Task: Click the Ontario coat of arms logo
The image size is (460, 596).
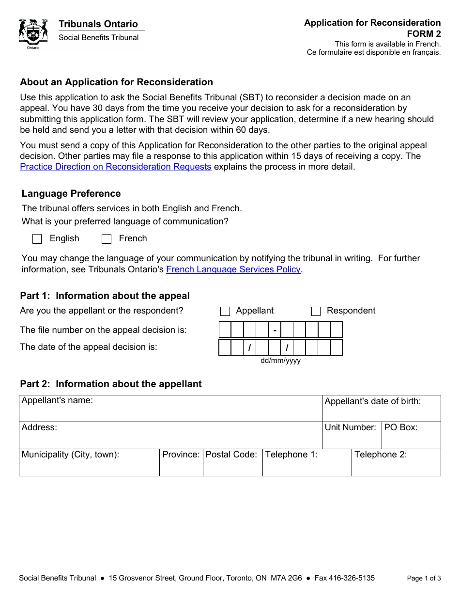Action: (33, 34)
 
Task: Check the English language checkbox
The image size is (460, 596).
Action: (37, 239)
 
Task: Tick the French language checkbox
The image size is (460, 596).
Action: (107, 239)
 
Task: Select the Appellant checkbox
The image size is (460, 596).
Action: (225, 311)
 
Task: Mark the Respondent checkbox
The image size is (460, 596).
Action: (316, 311)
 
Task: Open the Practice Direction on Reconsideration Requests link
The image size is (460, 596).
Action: (116, 167)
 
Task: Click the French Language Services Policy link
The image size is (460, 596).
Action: (233, 269)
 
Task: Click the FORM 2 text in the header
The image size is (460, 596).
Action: (424, 33)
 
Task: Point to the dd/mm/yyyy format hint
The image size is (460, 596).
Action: (280, 361)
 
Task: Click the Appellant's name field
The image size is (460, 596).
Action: (170, 412)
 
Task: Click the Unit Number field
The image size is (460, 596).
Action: (352, 439)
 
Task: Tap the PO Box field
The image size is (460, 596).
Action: (411, 439)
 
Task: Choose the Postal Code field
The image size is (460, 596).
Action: (232, 467)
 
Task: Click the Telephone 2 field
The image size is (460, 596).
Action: (396, 467)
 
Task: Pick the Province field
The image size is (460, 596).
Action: (181, 467)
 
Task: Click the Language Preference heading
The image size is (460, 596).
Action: (71, 194)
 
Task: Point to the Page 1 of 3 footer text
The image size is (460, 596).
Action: (424, 578)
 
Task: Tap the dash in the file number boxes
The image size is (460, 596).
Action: (275, 330)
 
